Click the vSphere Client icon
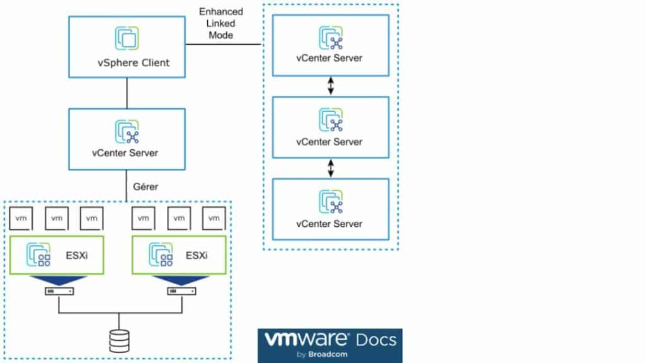click(x=127, y=38)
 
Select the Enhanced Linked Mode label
click(x=220, y=23)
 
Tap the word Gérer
click(x=146, y=187)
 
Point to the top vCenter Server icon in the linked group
click(x=330, y=38)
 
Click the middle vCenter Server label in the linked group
click(x=329, y=142)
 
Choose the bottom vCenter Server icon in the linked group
click(x=330, y=202)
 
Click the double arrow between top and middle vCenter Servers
click(x=330, y=88)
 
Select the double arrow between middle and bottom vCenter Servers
click(x=330, y=168)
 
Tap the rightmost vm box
click(x=214, y=218)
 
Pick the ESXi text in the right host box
click(x=197, y=256)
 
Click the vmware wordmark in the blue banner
click(x=306, y=340)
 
